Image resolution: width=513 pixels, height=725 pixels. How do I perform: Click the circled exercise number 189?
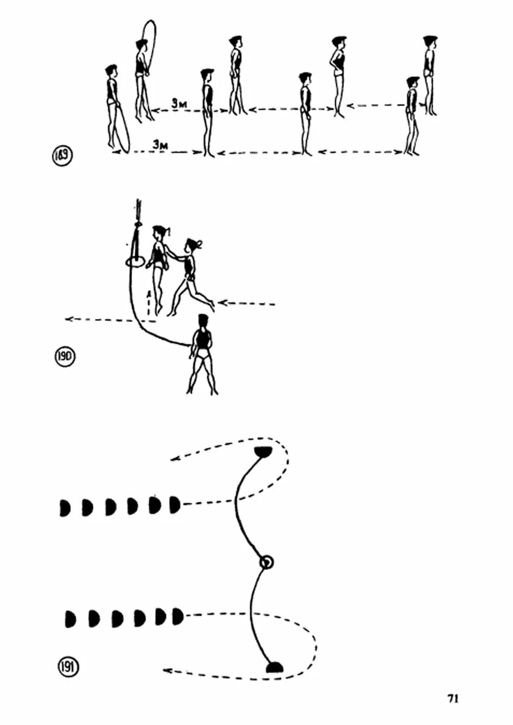coord(62,156)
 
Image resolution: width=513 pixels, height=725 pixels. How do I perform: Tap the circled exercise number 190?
coord(64,356)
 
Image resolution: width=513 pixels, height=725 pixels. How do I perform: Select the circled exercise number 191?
coord(66,668)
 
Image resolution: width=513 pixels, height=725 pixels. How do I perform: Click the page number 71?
coord(453,698)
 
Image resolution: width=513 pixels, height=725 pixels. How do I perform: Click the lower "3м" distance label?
coord(160,145)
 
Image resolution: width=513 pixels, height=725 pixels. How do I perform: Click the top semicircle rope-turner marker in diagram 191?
coord(263,451)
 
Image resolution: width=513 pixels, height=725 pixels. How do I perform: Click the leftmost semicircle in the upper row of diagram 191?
coord(65,507)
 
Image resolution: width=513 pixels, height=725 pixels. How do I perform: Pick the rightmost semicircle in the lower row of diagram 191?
coord(176,616)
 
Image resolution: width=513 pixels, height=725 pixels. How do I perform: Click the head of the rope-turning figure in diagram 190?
coord(203,320)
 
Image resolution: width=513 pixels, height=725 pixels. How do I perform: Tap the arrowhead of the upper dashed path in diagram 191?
coord(174,459)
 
